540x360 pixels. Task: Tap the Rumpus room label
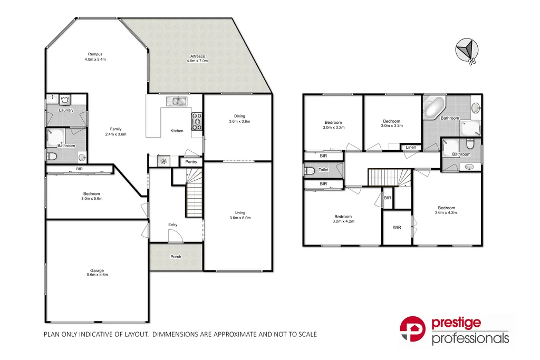tap(95, 54)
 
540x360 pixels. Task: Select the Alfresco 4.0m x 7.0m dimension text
tap(197, 61)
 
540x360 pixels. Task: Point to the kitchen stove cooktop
tap(197, 121)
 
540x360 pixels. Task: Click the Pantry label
tap(191, 163)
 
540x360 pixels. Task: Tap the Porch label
tap(176, 257)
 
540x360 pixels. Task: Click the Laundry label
tap(66, 110)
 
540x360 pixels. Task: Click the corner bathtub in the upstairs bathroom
tap(434, 109)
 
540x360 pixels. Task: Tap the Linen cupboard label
tap(411, 148)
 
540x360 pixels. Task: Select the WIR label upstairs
tap(397, 228)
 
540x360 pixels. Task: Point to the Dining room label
tap(239, 116)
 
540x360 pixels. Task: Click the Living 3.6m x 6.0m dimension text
tap(239, 218)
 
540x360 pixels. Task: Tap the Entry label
tap(172, 225)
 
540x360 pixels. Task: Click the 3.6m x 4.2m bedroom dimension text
tap(446, 212)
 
